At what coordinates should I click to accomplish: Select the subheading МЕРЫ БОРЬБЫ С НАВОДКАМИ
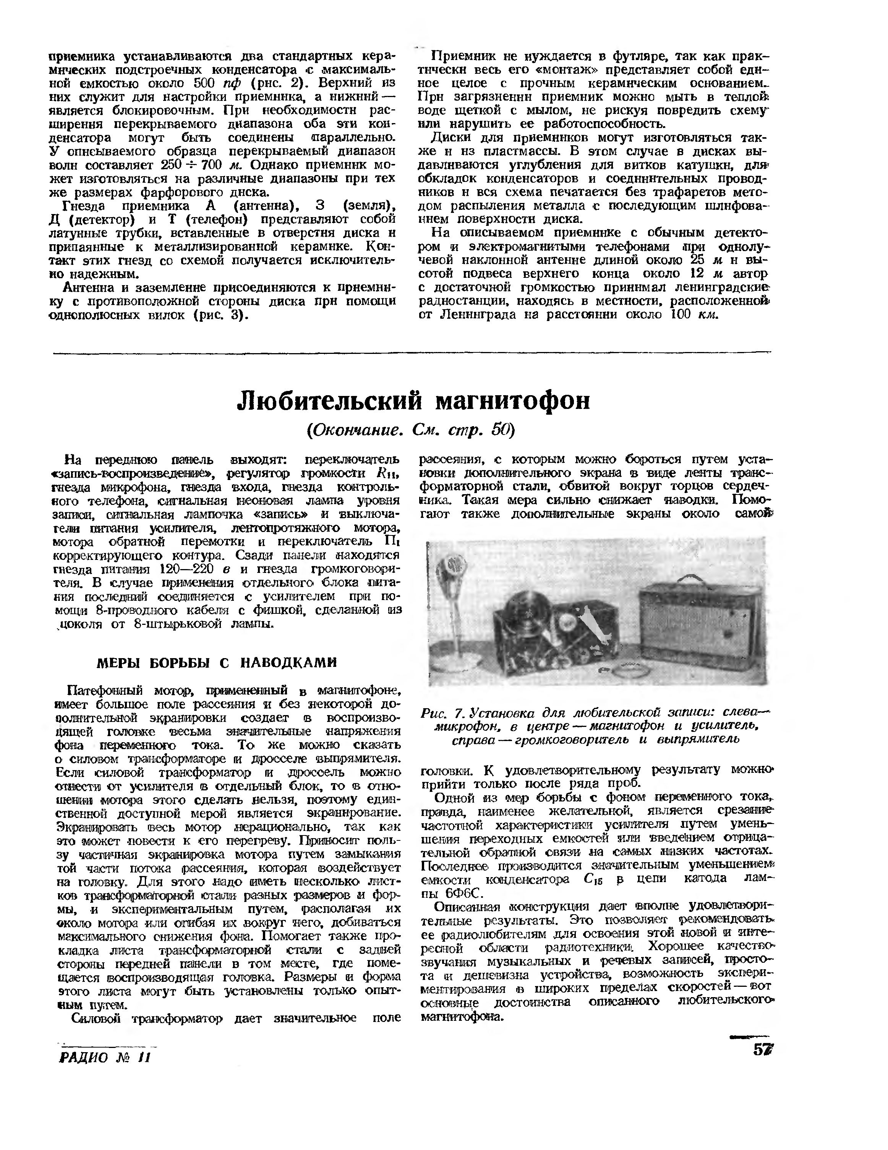(217, 662)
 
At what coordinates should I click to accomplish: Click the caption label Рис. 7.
(441, 715)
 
